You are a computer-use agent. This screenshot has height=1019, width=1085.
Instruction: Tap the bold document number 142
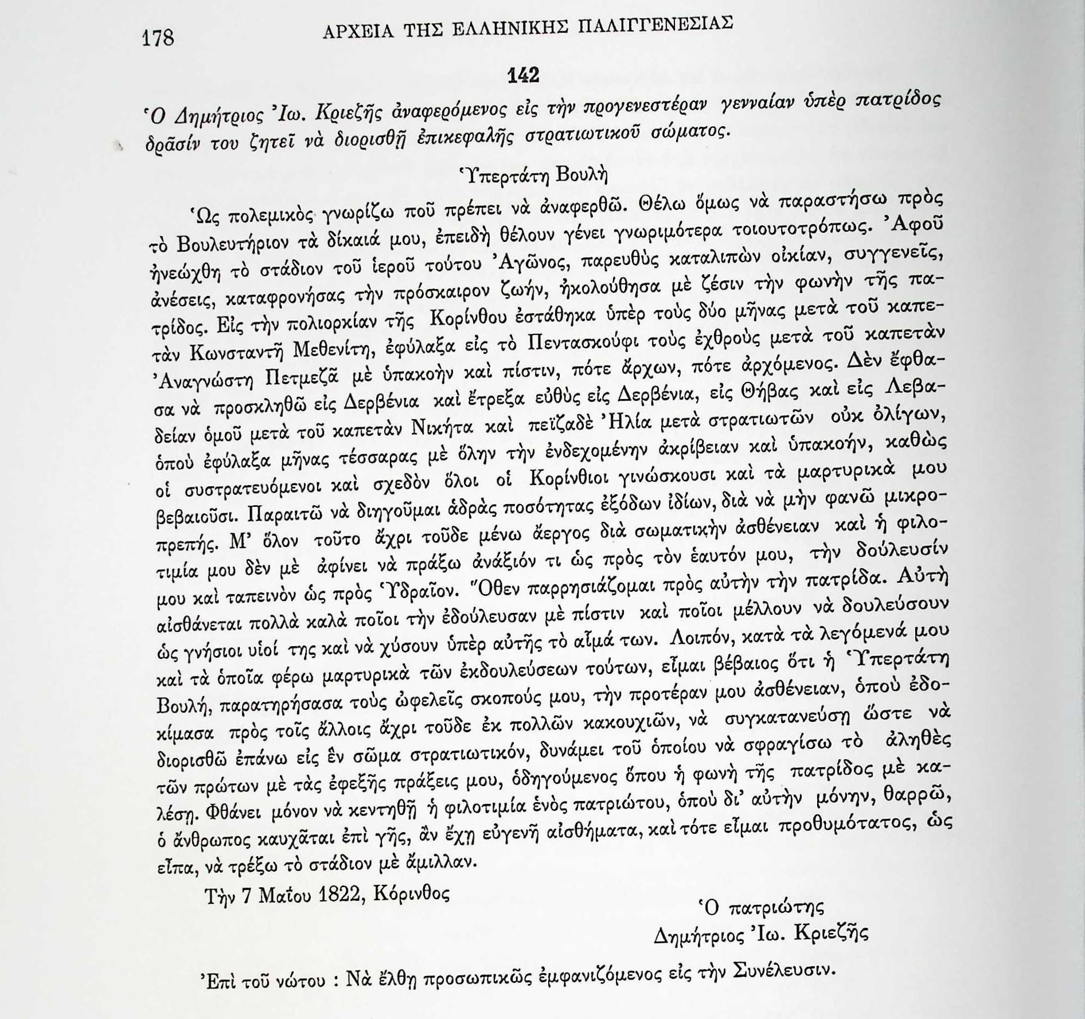pyautogui.click(x=524, y=75)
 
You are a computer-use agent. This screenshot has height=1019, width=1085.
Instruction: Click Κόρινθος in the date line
pyautogui.click(x=411, y=893)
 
